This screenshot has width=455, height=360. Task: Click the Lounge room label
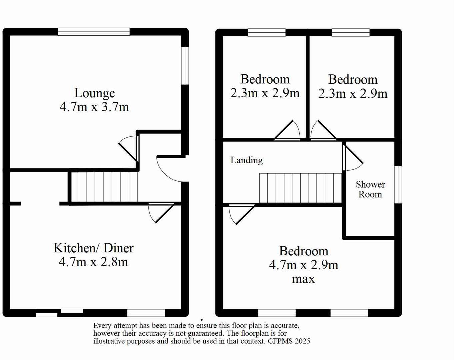click(94, 93)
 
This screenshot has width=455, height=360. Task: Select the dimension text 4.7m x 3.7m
click(94, 107)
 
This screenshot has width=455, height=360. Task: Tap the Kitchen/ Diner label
click(93, 248)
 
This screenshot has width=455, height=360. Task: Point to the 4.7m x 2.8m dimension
click(93, 262)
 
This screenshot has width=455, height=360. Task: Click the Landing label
click(246, 160)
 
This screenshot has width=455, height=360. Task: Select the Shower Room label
click(370, 189)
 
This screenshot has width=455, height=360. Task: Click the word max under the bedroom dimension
click(303, 279)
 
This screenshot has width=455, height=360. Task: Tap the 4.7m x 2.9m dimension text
click(303, 265)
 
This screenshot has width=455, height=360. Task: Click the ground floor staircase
click(104, 187)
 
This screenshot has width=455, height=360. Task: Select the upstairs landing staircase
click(300, 188)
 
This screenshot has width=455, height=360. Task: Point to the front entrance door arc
click(168, 170)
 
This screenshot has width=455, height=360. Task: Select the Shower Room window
click(398, 184)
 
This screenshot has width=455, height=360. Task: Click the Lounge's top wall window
click(94, 32)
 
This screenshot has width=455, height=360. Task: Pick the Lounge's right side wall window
click(185, 66)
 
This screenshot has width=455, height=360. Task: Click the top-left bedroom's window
click(267, 32)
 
